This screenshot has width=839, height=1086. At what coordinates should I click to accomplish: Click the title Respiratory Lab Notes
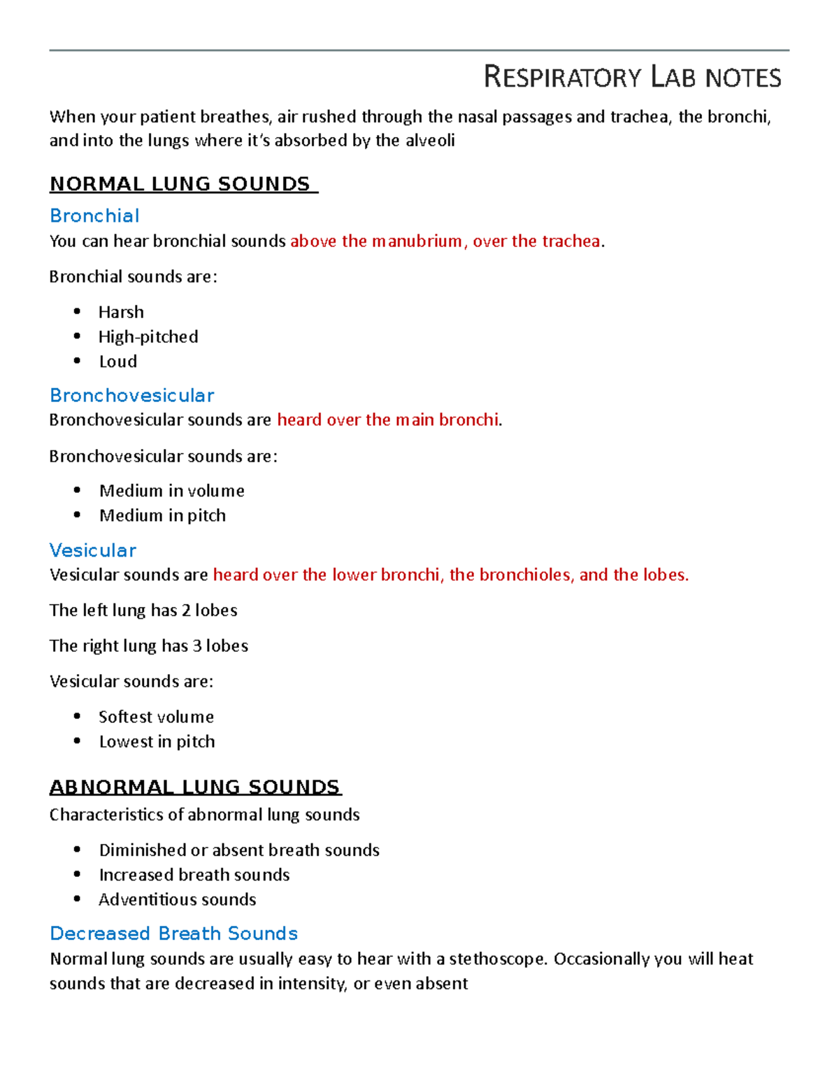(x=632, y=77)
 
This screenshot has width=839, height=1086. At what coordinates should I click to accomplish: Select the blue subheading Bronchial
(x=94, y=215)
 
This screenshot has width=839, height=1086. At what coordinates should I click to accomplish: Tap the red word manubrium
(x=417, y=241)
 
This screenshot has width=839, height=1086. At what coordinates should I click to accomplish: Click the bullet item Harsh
(x=121, y=312)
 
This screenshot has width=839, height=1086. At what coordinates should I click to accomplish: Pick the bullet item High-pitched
(x=148, y=337)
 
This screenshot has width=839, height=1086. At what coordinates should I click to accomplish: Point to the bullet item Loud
(x=117, y=362)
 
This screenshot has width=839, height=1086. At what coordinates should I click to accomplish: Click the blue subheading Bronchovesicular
(x=132, y=395)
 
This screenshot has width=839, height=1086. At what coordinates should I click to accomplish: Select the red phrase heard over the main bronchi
(x=388, y=420)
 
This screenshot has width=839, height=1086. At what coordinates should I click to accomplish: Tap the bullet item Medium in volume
(x=171, y=491)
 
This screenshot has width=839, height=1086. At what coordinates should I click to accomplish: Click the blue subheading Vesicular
(x=93, y=550)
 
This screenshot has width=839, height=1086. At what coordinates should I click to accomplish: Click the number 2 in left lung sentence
(x=186, y=610)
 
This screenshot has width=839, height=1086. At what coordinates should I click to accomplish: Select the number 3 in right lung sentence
(x=197, y=646)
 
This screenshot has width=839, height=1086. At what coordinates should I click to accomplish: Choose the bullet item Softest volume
(x=156, y=717)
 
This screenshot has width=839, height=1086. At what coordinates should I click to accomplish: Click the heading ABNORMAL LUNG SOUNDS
(x=194, y=787)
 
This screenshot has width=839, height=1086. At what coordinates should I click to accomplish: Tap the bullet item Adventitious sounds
(x=177, y=900)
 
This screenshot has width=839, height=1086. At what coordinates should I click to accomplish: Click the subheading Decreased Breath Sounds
(x=174, y=934)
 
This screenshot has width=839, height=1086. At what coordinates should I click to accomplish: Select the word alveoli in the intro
(x=429, y=141)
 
